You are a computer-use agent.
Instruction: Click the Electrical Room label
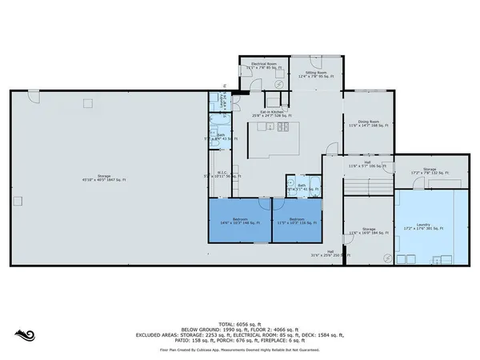[263, 66]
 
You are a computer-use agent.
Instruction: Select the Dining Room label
[368, 123]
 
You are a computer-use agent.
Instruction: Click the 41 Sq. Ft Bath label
[302, 187]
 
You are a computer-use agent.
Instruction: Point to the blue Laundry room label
[429, 228]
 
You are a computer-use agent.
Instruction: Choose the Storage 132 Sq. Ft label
[429, 171]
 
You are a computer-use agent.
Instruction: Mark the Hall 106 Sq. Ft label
[367, 166]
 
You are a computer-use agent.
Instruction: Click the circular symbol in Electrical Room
[248, 77]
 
